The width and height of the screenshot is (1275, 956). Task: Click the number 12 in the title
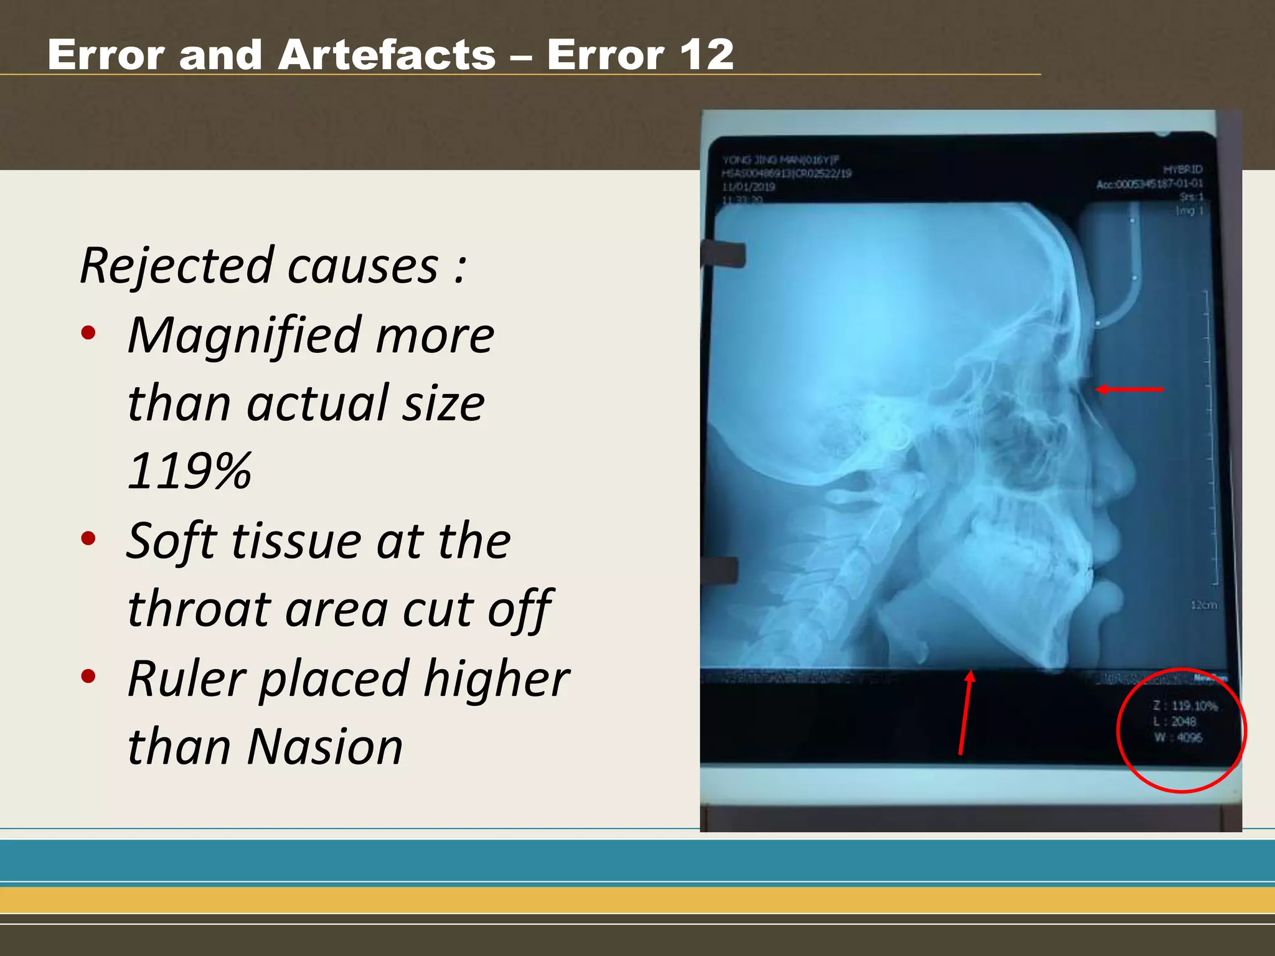click(x=706, y=55)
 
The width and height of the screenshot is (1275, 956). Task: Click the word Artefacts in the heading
click(x=387, y=55)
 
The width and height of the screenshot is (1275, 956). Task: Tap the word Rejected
click(x=177, y=266)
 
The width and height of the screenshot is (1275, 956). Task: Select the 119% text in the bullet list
click(x=189, y=471)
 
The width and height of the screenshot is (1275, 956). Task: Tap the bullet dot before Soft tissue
click(x=88, y=538)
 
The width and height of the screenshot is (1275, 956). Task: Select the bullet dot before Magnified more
click(x=88, y=332)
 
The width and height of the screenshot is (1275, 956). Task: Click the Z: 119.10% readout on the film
click(x=1185, y=706)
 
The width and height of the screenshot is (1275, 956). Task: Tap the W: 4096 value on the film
click(x=1178, y=738)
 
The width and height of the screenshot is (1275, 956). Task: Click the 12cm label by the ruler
click(x=1203, y=605)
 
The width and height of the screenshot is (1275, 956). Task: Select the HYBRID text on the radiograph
click(x=1182, y=169)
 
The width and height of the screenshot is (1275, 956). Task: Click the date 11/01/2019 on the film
click(x=748, y=187)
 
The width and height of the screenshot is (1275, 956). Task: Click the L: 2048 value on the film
click(x=1175, y=722)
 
